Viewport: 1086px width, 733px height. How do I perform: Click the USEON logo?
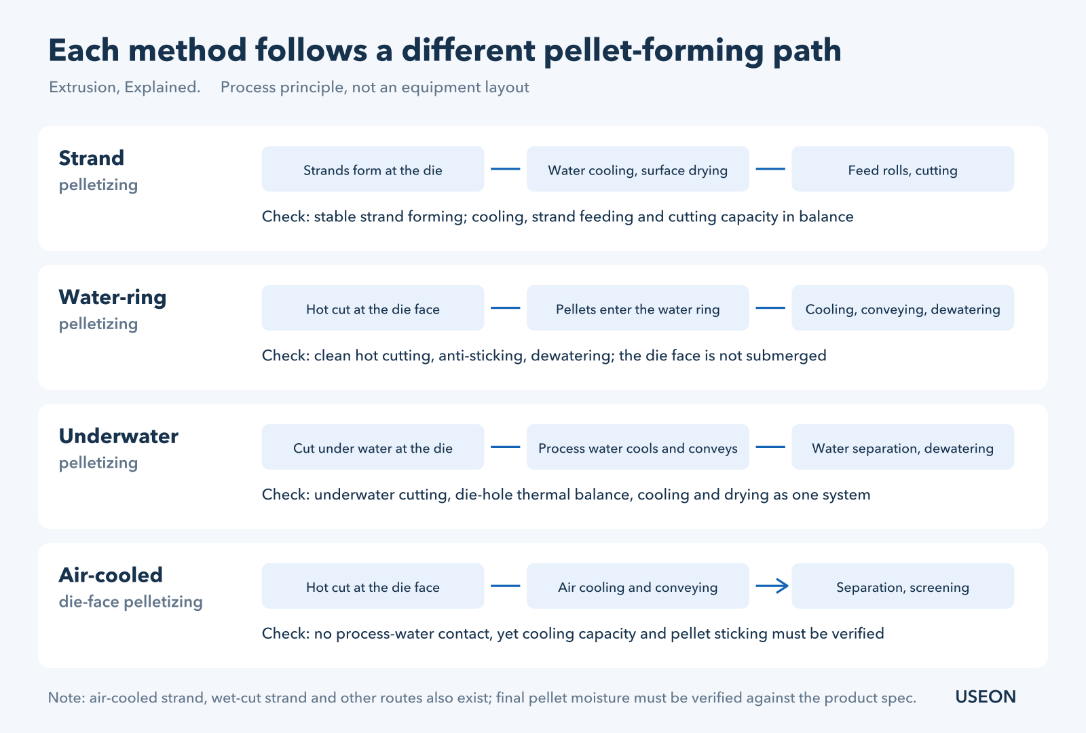click(x=985, y=696)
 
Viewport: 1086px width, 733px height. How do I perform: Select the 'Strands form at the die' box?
click(x=373, y=169)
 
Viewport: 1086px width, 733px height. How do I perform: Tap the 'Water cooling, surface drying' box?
click(x=637, y=169)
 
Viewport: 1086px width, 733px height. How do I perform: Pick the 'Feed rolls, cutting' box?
click(x=903, y=169)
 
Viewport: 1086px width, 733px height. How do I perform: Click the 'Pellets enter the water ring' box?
click(x=637, y=308)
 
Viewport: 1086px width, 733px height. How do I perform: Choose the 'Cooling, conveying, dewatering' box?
click(x=903, y=308)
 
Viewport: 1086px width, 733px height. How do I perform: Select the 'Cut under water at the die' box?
click(x=373, y=447)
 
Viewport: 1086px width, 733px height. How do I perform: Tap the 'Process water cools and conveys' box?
click(x=637, y=447)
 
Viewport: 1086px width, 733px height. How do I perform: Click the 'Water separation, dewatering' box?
click(x=903, y=447)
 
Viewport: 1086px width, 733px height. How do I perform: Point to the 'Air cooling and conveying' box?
click(x=637, y=586)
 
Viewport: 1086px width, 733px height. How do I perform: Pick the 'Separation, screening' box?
click(x=903, y=586)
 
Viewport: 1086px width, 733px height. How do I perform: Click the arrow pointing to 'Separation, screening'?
click(x=772, y=586)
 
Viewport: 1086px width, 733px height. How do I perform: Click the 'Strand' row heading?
click(x=91, y=158)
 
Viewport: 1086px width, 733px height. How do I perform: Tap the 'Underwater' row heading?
click(x=118, y=436)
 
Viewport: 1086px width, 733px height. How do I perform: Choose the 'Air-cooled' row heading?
click(x=111, y=575)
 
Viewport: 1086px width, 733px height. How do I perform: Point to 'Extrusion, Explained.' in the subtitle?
click(x=125, y=88)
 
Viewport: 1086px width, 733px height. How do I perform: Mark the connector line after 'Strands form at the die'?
click(x=505, y=169)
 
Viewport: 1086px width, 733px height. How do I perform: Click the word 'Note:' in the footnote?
click(x=67, y=698)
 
